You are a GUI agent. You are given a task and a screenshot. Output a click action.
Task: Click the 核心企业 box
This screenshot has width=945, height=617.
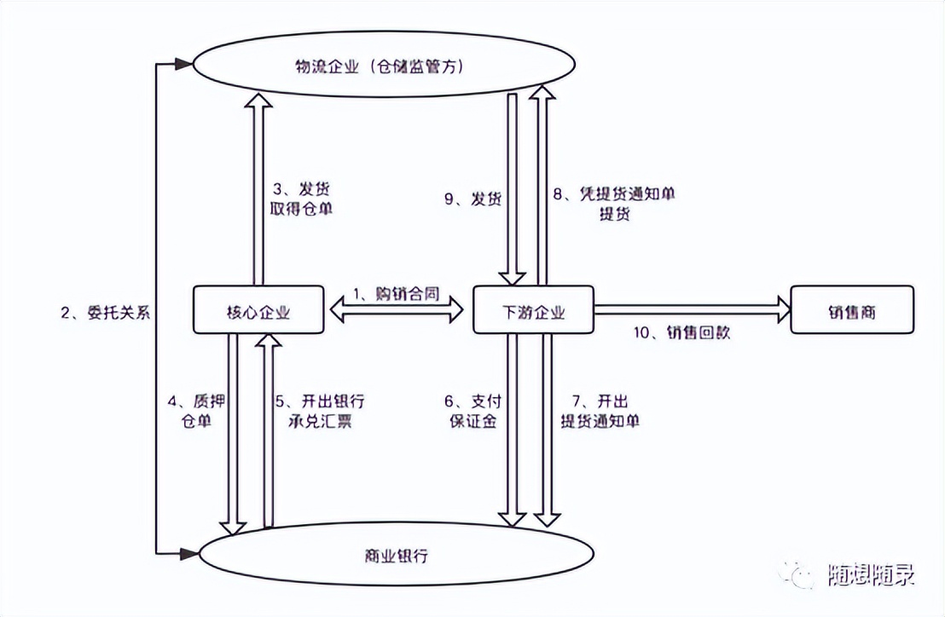[258, 310]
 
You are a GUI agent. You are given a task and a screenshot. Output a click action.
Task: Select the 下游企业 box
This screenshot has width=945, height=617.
[533, 310]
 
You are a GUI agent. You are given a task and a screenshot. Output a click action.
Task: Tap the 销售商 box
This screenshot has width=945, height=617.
[852, 310]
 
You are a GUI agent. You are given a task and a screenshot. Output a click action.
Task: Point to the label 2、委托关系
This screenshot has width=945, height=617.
[105, 312]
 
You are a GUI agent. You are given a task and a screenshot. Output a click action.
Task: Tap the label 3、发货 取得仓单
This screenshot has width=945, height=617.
[302, 199]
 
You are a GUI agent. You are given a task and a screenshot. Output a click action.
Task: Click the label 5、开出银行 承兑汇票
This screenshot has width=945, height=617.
[320, 411]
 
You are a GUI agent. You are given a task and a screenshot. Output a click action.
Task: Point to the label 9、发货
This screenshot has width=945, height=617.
[472, 199]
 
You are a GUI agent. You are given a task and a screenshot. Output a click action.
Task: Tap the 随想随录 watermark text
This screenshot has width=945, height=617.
[871, 577]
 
